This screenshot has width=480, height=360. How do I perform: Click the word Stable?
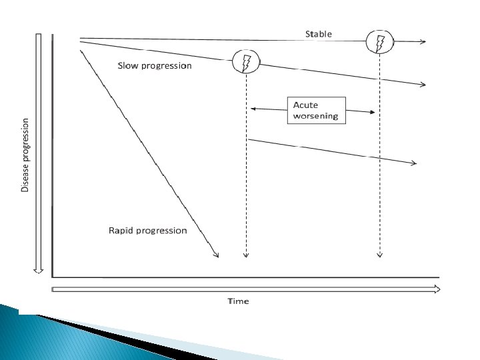[318, 34]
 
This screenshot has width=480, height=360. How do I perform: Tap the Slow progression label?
[154, 66]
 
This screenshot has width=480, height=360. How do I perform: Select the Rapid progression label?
[148, 231]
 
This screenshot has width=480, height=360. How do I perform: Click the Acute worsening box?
[317, 110]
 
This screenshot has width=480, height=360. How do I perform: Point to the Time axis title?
[238, 301]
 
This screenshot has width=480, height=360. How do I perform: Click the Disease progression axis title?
[25, 155]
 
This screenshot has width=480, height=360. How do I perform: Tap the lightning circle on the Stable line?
[380, 42]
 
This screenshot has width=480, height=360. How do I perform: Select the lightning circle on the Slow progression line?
[245, 63]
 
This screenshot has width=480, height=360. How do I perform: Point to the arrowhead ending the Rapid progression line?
[216, 253]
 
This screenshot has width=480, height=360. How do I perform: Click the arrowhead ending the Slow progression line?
[423, 85]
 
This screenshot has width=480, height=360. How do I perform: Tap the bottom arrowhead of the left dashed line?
[246, 254]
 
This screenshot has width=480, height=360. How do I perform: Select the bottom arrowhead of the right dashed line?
[380, 254]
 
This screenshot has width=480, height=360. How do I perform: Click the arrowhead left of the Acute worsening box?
[253, 108]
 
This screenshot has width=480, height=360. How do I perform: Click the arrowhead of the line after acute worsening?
[414, 163]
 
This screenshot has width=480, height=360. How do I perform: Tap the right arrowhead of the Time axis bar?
[436, 289]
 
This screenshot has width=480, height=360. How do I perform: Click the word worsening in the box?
[316, 116]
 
